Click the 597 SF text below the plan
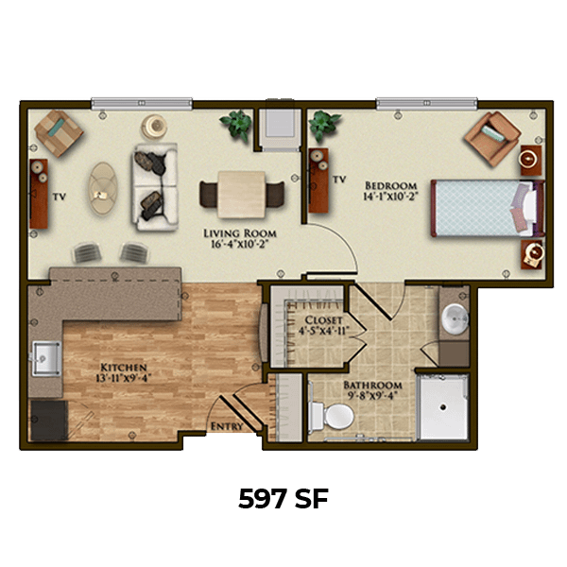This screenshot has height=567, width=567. tap(283, 499)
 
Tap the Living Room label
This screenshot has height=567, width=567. tap(240, 233)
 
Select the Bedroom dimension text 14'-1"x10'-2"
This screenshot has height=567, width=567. tap(390, 197)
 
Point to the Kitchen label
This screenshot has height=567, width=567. tap(123, 368)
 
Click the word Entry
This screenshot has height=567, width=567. tap(227, 426)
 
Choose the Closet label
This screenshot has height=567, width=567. tap(323, 320)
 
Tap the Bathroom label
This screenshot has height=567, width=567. tap(372, 385)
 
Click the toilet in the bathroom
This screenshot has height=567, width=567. tap(332, 415)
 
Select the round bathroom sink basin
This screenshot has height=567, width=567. tap(455, 319)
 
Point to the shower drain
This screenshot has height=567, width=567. tap(443, 407)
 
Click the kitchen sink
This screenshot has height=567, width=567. tap(46, 359)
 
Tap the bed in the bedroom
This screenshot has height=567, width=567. tap(488, 208)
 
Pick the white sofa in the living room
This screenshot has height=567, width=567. tap(155, 187)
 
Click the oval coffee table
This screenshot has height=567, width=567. tap(103, 188)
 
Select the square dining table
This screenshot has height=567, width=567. tap(242, 195)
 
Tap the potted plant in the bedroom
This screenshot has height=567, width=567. tap(323, 125)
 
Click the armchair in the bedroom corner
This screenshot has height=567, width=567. tap(492, 139)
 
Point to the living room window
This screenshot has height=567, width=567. tap(142, 103)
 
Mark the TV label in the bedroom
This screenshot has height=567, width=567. tap(339, 180)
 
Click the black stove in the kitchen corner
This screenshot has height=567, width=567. tap(49, 420)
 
